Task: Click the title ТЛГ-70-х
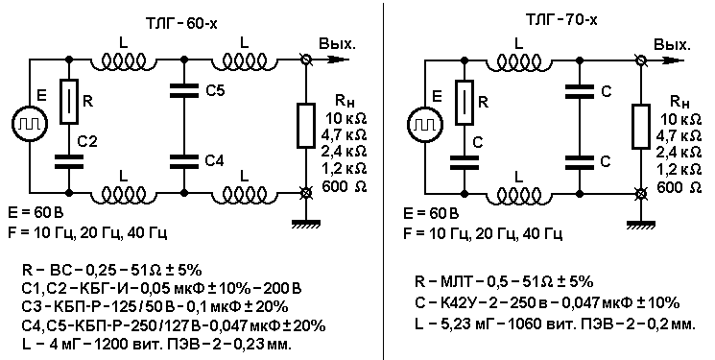tap(560, 20)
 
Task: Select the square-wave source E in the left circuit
tap(29, 123)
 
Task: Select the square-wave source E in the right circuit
tap(424, 123)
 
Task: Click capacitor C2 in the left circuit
tap(69, 159)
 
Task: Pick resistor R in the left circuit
tap(69, 101)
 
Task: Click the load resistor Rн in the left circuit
tap(306, 126)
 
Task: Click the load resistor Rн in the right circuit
tap(641, 126)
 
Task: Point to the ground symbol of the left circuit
tap(306, 223)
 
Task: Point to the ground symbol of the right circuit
tap(641, 224)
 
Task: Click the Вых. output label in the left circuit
tap(337, 44)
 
